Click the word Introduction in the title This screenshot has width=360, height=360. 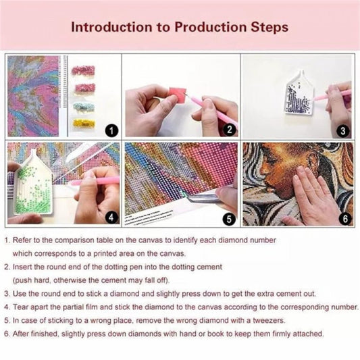pos(111,27)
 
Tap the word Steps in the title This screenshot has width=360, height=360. pos(269,28)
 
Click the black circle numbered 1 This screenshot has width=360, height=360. pos(111,130)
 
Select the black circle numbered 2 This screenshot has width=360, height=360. pos(230,130)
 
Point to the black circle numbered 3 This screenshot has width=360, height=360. pos(343,130)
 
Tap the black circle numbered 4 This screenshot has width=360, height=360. pos(111,217)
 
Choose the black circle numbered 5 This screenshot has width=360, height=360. pos(229,219)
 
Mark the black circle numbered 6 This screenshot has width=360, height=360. pos(345,218)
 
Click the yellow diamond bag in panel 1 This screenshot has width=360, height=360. pos(84,124)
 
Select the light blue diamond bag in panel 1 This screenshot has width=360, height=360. pos(84,107)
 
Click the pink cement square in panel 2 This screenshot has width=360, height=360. pos(176,94)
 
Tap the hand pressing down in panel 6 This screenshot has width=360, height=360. pos(315,197)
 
